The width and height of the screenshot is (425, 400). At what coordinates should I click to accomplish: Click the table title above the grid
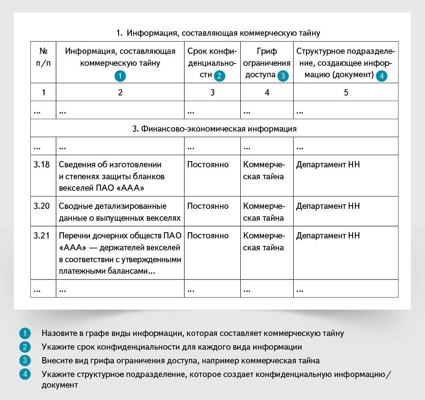(x=218, y=33)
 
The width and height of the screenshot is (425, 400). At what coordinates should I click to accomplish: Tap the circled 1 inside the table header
(x=120, y=76)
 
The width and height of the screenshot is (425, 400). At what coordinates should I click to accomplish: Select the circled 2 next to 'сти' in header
(x=220, y=76)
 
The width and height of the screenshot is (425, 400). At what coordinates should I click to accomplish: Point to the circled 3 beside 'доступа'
(x=283, y=76)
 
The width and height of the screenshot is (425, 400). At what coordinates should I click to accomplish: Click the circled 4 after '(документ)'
(x=382, y=76)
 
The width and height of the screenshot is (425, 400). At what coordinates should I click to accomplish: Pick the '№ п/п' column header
(x=43, y=57)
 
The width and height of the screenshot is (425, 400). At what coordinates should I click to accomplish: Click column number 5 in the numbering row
(x=346, y=93)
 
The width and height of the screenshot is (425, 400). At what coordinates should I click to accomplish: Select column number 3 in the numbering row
(x=212, y=93)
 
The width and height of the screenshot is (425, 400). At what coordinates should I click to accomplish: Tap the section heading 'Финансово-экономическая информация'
(x=214, y=129)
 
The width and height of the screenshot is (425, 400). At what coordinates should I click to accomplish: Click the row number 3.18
(x=42, y=165)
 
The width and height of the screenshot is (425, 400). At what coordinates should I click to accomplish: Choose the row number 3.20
(x=42, y=206)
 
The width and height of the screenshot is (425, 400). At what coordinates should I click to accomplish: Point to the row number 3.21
(x=42, y=236)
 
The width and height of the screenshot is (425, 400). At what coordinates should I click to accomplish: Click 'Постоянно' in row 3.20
(x=208, y=206)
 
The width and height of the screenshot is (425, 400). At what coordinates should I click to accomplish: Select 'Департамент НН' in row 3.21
(x=328, y=236)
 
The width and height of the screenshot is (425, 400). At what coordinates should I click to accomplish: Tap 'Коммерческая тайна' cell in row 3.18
(x=264, y=171)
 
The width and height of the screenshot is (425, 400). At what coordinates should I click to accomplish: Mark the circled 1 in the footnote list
(x=25, y=333)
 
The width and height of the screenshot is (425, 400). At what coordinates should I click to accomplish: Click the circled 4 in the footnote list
(x=25, y=374)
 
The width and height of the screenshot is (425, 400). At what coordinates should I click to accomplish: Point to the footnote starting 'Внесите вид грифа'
(x=181, y=360)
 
